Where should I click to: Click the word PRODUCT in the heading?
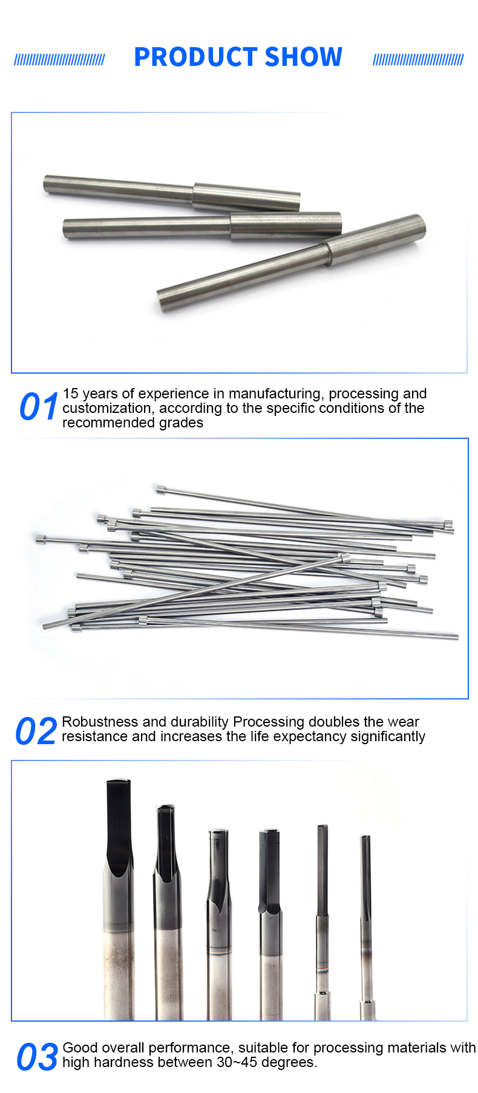click(x=195, y=57)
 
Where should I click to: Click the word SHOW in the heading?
click(x=304, y=57)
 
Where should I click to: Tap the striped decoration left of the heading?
click(x=59, y=59)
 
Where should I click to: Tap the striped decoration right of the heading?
click(x=418, y=59)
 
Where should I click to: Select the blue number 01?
click(x=39, y=406)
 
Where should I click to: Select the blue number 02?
click(x=36, y=731)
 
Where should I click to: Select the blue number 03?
click(x=38, y=1057)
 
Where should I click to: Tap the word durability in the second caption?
click(x=200, y=722)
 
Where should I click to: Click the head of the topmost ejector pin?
click(x=160, y=489)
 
